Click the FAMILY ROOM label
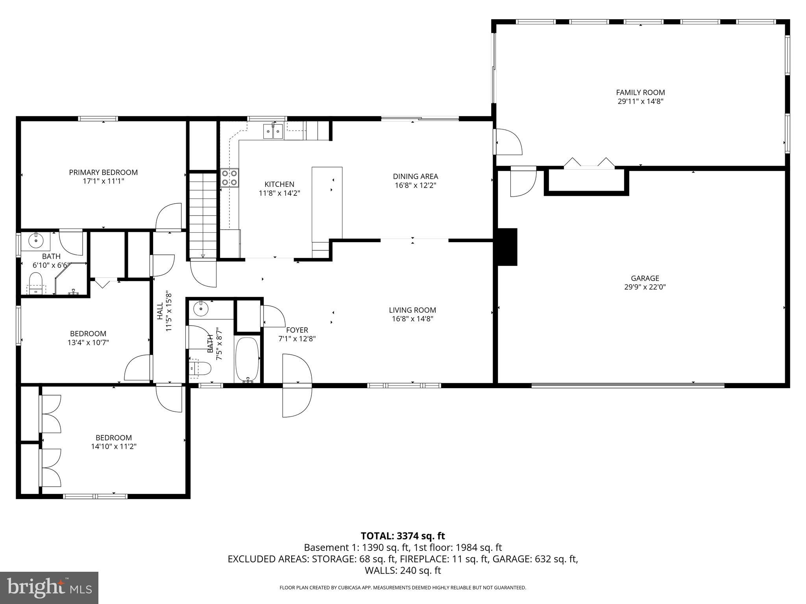(640, 92)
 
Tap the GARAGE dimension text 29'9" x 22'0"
(645, 287)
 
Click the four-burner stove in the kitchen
(230, 177)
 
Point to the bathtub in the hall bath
(247, 359)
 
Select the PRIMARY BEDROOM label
(103, 172)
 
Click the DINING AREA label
(415, 177)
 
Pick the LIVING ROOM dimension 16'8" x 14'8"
(412, 319)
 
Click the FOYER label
(297, 330)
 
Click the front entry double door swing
(297, 385)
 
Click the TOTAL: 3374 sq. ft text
(403, 536)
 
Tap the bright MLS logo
(49, 588)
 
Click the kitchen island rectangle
(327, 203)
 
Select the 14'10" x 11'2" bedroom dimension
(113, 446)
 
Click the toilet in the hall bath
(201, 369)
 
